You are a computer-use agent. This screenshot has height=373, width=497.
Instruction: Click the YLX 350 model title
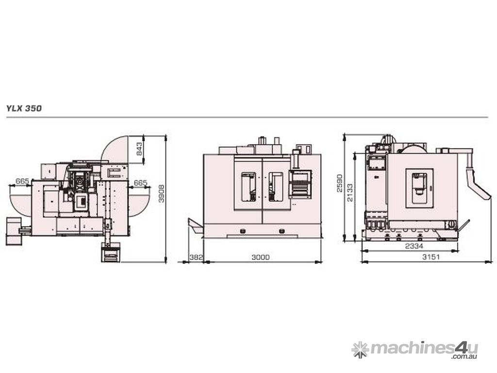[24, 108]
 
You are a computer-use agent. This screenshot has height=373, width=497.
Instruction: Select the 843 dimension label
[139, 149]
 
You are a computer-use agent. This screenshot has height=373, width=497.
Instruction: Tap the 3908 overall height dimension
[162, 193]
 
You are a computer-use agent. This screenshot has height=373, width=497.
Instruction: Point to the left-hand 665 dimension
[22, 182]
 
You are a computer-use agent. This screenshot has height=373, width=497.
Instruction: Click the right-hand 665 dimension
[140, 183]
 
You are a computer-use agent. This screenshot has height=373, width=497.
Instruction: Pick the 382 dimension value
[196, 257]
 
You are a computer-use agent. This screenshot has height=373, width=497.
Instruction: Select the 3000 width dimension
[261, 257]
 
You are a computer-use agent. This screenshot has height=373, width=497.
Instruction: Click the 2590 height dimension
[339, 183]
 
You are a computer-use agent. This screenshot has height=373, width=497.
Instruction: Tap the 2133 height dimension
[349, 192]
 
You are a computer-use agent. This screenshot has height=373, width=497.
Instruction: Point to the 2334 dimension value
[414, 246]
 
